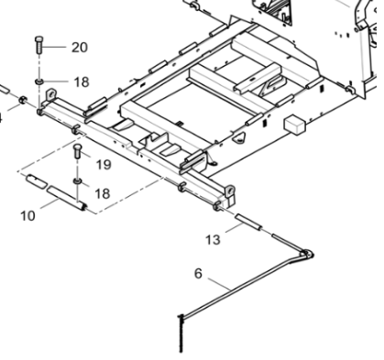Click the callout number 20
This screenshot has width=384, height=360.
79,48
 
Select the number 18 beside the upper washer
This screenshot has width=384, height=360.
82,82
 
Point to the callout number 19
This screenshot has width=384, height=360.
102,164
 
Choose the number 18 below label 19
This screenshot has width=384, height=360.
102,193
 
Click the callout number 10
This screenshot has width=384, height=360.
27,215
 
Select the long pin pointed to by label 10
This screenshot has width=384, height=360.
67,197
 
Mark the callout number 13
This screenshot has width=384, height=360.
213,241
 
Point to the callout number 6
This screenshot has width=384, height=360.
197,273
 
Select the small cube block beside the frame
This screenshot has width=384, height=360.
294,123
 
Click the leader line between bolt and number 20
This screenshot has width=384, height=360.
57,47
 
